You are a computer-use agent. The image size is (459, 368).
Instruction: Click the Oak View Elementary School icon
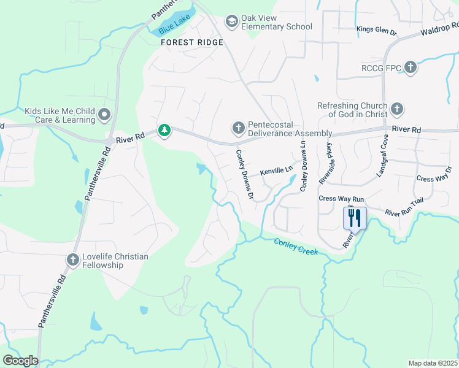click(x=231, y=22)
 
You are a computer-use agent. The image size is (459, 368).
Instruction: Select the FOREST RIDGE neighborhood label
click(x=192, y=43)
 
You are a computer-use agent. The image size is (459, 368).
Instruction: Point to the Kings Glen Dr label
click(x=377, y=29)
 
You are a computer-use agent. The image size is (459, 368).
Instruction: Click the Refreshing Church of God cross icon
click(x=397, y=109)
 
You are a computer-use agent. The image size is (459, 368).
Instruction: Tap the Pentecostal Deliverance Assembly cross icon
click(x=238, y=128)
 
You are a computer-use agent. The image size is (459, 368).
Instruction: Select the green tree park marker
click(x=164, y=130)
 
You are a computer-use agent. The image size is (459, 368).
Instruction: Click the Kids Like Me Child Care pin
click(x=104, y=114)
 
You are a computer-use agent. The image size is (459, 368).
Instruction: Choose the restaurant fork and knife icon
click(x=355, y=217)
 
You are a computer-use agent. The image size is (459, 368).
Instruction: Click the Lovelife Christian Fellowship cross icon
click(x=72, y=260)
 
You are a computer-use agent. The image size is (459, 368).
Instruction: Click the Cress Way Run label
click(x=341, y=199)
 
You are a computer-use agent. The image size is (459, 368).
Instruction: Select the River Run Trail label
click(x=404, y=207)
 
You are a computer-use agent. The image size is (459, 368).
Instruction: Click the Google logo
click(x=20, y=361)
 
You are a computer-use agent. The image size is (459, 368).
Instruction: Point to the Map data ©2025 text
click(x=432, y=363)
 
